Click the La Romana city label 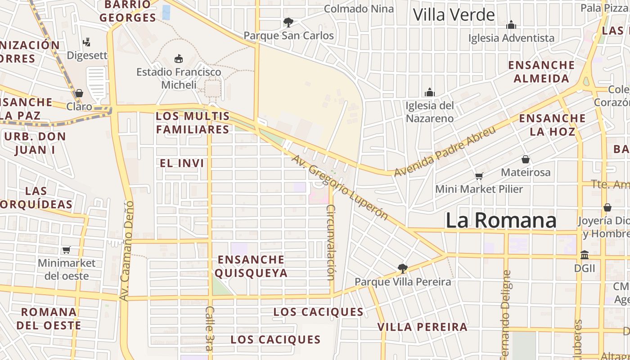(501, 220)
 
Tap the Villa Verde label (454, 15)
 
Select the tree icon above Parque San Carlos (288, 22)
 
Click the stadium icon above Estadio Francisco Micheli (179, 58)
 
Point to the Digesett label (87, 55)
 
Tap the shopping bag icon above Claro (79, 93)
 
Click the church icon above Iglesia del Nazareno (430, 92)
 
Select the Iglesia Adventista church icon (511, 24)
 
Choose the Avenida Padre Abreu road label (445, 151)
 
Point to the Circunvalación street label (331, 242)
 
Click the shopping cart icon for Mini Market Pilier (479, 176)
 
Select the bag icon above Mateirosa (525, 159)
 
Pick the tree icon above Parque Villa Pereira (402, 269)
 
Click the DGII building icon (585, 255)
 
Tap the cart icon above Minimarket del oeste (67, 250)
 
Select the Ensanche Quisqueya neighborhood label (251, 266)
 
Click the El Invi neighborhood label (182, 163)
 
